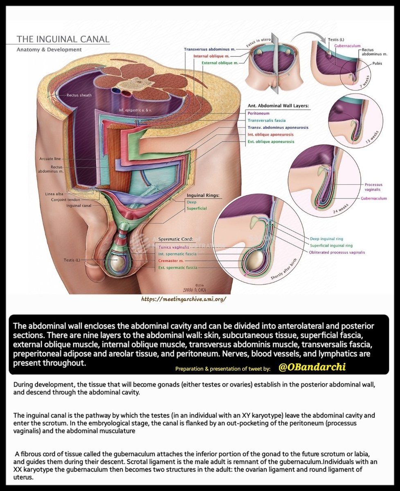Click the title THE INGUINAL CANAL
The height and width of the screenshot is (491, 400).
pyautogui.click(x=63, y=39)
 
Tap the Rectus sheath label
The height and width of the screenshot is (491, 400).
pyautogui.click(x=79, y=95)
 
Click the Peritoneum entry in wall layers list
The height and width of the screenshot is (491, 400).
pyautogui.click(x=258, y=113)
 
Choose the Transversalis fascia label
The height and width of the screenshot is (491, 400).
pyautogui.click(x=272, y=120)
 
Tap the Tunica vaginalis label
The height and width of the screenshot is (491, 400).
pyautogui.click(x=174, y=247)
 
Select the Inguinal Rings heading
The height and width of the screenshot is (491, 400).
pyautogui.click(x=203, y=195)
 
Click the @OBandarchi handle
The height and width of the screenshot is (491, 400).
pyautogui.click(x=312, y=367)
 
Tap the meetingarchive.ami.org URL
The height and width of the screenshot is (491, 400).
pyautogui.click(x=183, y=299)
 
